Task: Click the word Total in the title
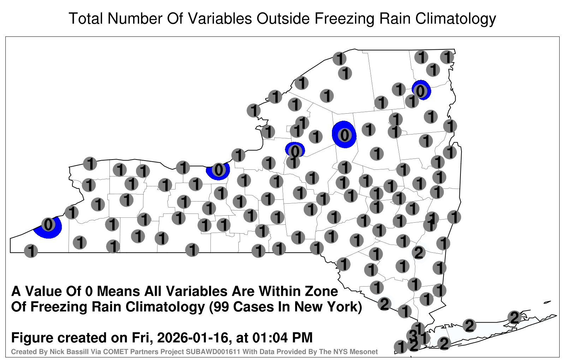[86, 18]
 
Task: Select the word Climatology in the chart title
[456, 19]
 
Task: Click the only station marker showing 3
[413, 335]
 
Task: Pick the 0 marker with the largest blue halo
[344, 135]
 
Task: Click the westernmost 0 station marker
[48, 224]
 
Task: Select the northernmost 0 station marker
[421, 91]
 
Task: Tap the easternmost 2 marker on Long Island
[515, 317]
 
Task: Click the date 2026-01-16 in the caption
[193, 337]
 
